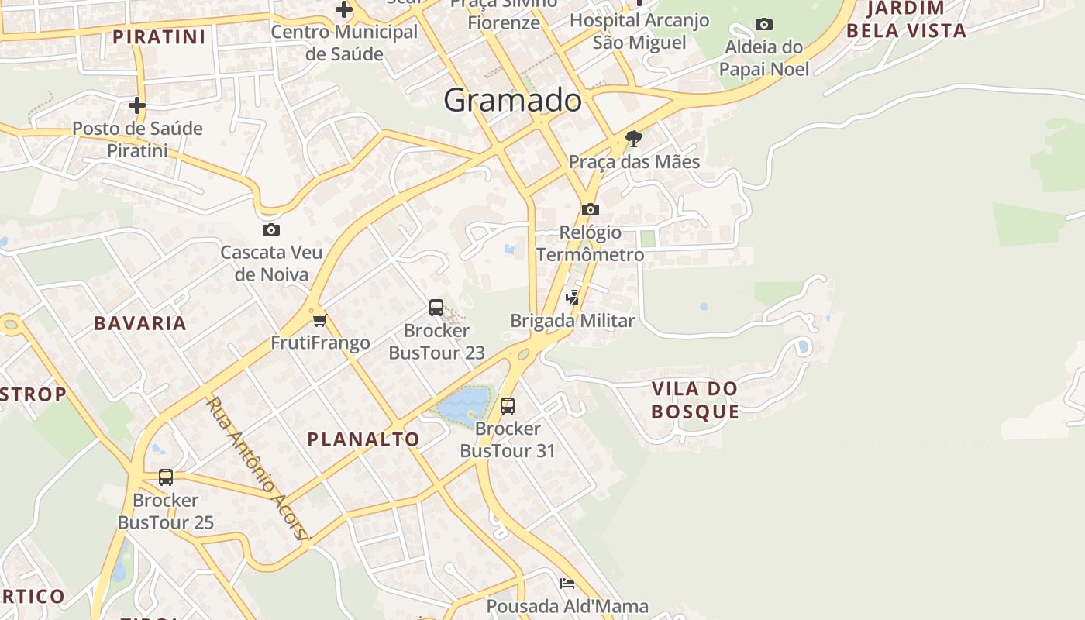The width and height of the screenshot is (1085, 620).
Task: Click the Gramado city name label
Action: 512,100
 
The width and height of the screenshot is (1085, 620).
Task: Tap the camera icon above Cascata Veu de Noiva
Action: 271,229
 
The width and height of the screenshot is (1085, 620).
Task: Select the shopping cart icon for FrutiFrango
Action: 319,320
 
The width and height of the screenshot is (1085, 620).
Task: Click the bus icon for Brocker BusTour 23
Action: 436,308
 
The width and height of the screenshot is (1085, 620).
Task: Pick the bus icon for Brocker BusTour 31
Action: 508,405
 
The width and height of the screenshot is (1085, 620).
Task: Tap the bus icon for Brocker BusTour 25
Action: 166,477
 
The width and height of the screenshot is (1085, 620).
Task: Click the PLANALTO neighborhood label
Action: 363,439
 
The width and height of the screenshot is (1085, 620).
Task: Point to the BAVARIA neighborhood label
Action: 140,323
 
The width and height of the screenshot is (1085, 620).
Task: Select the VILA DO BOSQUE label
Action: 695,400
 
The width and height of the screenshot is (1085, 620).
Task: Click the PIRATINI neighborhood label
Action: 160,37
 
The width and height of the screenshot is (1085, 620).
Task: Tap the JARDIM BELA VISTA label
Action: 907,20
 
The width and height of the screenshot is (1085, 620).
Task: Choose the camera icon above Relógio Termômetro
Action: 591,209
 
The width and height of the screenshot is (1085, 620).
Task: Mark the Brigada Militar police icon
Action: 573,298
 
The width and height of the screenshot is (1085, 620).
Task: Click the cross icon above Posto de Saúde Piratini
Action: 137,105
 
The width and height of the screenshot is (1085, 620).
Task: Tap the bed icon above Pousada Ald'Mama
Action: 567,584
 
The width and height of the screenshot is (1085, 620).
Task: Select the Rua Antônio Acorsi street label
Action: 258,469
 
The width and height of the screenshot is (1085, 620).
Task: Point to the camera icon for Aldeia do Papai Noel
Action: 764,25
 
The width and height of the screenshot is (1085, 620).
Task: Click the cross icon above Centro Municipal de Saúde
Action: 344,10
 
